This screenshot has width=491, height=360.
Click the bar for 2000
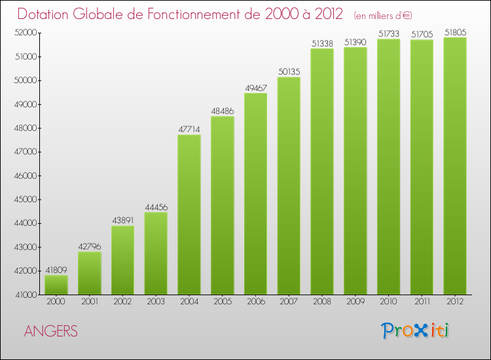tap(56, 285)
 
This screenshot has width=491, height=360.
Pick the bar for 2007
tap(289, 186)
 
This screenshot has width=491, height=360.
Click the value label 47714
tap(189, 130)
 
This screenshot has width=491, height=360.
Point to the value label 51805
tap(455, 32)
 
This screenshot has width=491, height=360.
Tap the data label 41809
tap(56, 270)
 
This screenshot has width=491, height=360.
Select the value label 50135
tap(289, 72)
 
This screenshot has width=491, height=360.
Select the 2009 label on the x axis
tap(355, 302)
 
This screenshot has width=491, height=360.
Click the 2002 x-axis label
tap(122, 302)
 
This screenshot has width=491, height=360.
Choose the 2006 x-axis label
tap(255, 302)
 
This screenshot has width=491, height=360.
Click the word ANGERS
tap(51, 332)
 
